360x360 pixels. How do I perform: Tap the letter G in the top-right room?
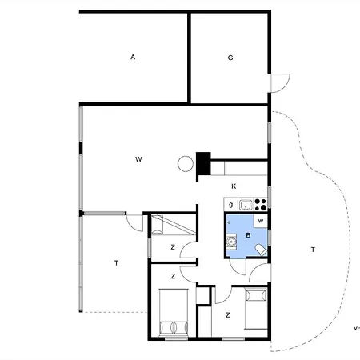(x=230, y=58)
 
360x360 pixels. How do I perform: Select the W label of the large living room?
(x=138, y=160)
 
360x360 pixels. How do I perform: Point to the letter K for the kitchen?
(x=234, y=186)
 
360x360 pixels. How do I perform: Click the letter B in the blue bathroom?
(x=249, y=235)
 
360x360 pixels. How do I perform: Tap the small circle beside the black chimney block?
(x=185, y=164)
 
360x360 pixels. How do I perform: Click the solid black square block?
(x=203, y=162)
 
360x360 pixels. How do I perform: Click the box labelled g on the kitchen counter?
(x=230, y=204)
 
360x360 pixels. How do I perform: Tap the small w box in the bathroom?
(x=261, y=221)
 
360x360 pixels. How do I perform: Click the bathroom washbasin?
(x=231, y=241)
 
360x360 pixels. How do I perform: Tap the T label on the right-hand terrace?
(x=312, y=250)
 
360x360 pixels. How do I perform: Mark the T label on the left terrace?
(x=116, y=262)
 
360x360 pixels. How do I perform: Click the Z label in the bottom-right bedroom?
(x=227, y=315)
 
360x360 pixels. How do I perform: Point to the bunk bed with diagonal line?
(x=171, y=224)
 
